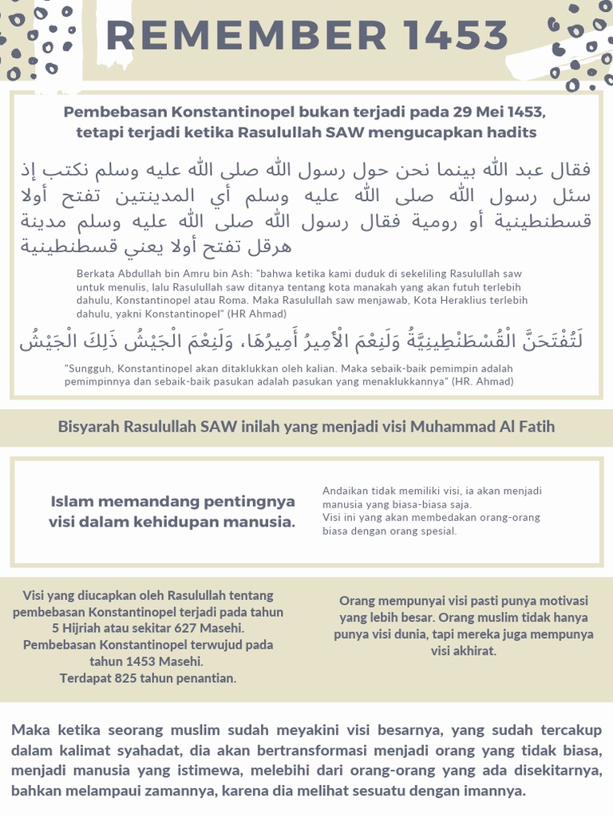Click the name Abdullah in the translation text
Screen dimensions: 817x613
(138, 273)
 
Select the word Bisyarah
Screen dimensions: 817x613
(88, 427)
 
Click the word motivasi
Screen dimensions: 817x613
(561, 601)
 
